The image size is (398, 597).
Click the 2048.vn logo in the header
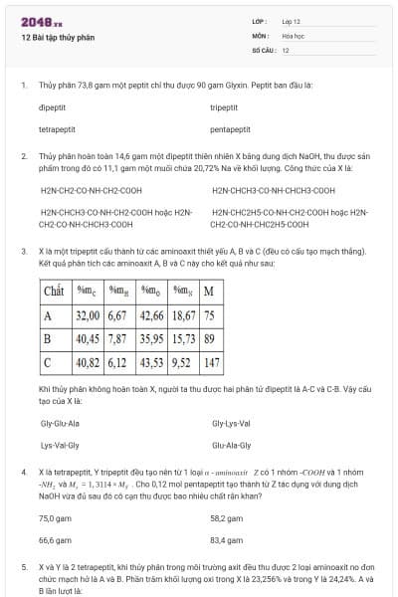[x=41, y=21]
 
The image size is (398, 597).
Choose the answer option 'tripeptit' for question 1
[x=224, y=106]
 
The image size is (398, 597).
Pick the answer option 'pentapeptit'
[x=230, y=129]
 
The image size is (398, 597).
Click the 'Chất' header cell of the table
[x=54, y=292]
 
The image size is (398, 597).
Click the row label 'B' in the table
[x=47, y=338]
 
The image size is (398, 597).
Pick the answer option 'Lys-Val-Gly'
[x=60, y=446]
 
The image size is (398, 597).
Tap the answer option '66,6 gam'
[x=56, y=540]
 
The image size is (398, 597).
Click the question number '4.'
[x=23, y=471]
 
